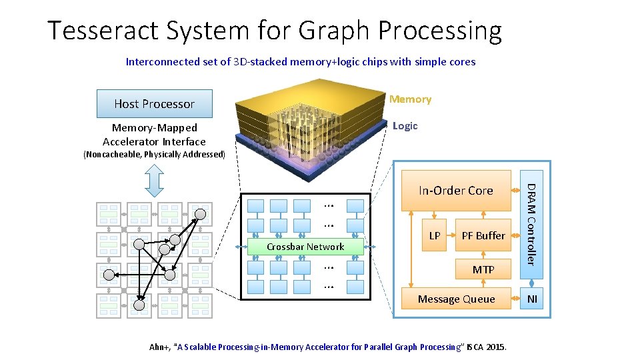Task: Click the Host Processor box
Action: coord(154,103)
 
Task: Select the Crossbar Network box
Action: coord(305,247)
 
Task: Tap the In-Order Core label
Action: coord(456,191)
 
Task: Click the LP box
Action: coord(434,235)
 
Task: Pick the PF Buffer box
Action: coord(483,235)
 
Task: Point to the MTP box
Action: coord(483,269)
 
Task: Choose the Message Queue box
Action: coord(456,299)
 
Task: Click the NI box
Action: coord(532,299)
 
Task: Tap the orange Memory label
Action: coord(410,99)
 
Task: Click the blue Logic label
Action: coord(405,126)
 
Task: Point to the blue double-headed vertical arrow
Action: coord(154,180)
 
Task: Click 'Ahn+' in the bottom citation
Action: coord(159,347)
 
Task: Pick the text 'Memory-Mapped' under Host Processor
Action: coord(155,127)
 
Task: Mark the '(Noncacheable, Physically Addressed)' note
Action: coord(154,155)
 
